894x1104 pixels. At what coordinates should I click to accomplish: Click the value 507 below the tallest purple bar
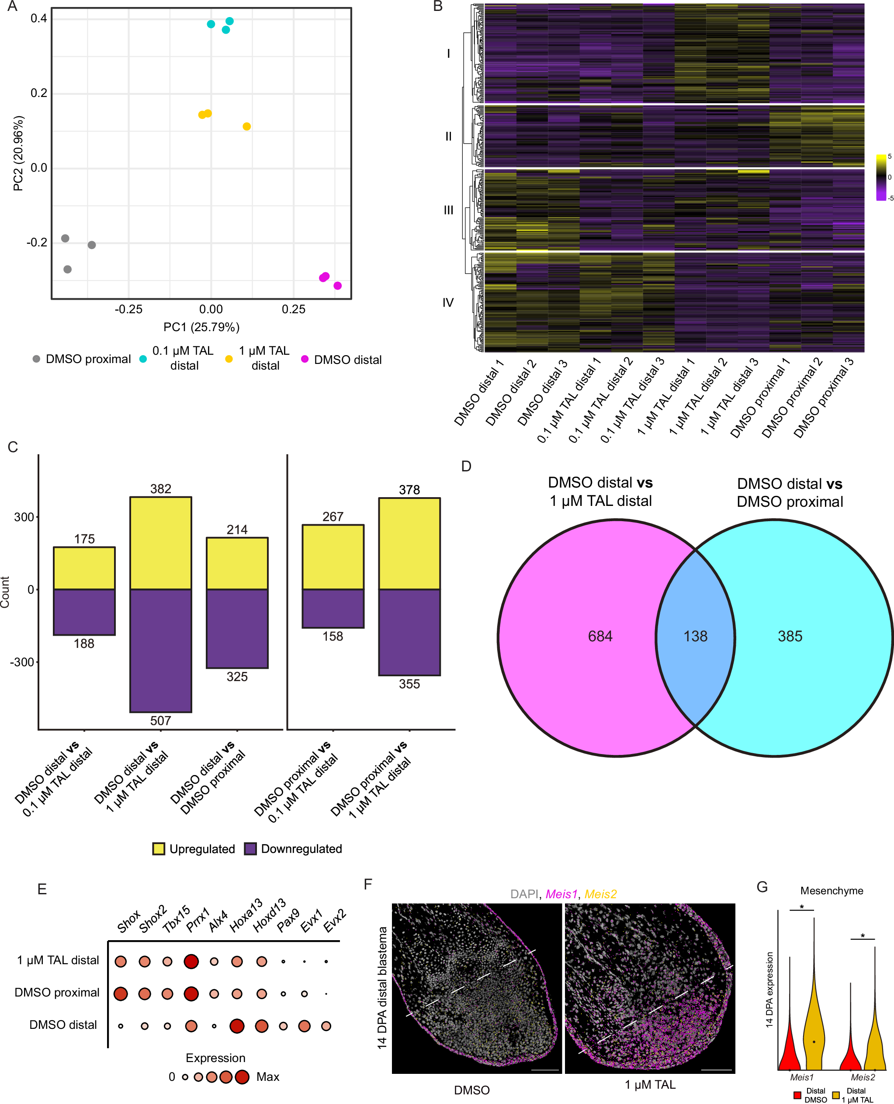pos(160,720)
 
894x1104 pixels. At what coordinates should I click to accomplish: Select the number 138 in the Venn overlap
pos(695,636)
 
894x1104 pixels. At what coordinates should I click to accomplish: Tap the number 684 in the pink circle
pos(600,636)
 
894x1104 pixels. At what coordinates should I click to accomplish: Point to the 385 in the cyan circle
pos(790,636)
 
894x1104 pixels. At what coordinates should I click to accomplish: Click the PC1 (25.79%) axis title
pos(201,327)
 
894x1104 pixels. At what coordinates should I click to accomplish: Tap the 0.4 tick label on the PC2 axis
pos(38,18)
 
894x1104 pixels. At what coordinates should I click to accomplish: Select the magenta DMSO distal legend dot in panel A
pos(305,359)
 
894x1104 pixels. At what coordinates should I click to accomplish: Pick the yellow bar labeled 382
pos(160,543)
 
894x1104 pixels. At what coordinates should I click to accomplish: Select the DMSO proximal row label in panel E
pos(57,992)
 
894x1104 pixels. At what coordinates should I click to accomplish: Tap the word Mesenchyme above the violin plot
pos(831,891)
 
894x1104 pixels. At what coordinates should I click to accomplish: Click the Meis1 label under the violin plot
pos(801,1077)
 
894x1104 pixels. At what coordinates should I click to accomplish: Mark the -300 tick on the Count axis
pos(22,662)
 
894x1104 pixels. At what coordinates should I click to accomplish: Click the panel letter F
pos(368,885)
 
